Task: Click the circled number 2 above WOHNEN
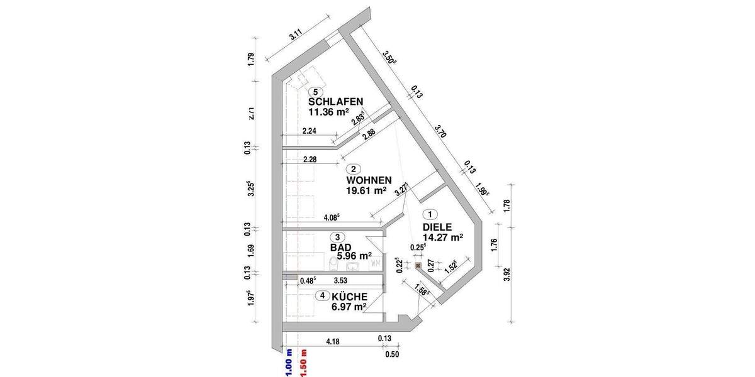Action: (354, 169)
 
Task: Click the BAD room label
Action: (340, 248)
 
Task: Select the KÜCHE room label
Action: (349, 296)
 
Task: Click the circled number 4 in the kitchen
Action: (322, 295)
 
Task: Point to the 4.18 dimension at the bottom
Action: (335, 341)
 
